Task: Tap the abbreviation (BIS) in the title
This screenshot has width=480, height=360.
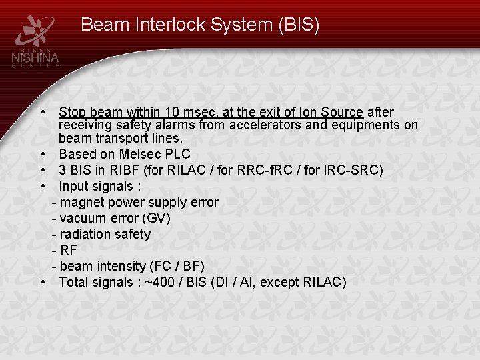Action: pos(297,25)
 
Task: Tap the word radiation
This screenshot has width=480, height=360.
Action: pos(85,234)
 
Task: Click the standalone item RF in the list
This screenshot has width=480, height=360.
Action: pos(68,250)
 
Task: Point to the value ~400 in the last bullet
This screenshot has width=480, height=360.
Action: pos(159,282)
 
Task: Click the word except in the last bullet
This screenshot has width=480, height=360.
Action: pos(279,282)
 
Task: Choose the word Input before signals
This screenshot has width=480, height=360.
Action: pos(74,186)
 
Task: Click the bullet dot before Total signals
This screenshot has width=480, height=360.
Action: pos(42,282)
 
